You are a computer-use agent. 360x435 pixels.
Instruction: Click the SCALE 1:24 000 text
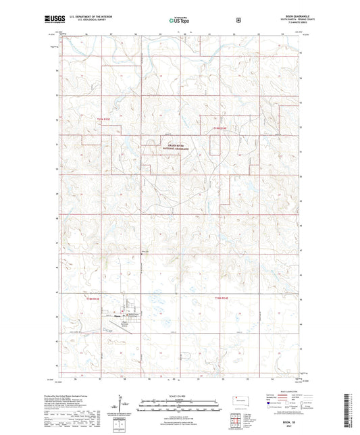(x=179, y=396)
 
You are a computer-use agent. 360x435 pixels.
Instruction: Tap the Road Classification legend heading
(x=286, y=396)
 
